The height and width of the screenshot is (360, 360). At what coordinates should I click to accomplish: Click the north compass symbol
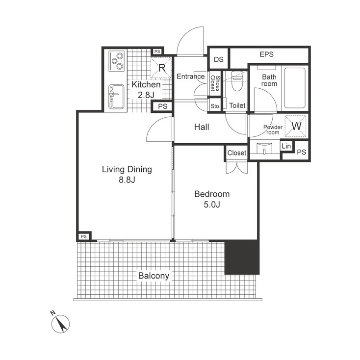61,323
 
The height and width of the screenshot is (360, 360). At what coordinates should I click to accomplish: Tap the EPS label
266,54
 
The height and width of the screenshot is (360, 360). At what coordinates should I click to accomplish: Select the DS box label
219,60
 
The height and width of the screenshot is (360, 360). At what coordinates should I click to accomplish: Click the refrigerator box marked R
161,67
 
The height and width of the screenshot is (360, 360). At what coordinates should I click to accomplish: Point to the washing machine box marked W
296,126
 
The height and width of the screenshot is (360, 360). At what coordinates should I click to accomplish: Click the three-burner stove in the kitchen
117,61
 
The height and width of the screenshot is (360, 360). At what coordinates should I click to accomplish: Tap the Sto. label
215,105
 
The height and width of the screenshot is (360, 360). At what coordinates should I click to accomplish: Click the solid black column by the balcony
241,257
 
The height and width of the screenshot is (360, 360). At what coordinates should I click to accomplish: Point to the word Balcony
153,276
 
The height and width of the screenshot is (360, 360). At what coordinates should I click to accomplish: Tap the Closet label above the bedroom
236,153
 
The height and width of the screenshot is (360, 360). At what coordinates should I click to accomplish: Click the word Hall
201,127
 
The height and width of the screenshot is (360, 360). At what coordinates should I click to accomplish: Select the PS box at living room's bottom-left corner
83,236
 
